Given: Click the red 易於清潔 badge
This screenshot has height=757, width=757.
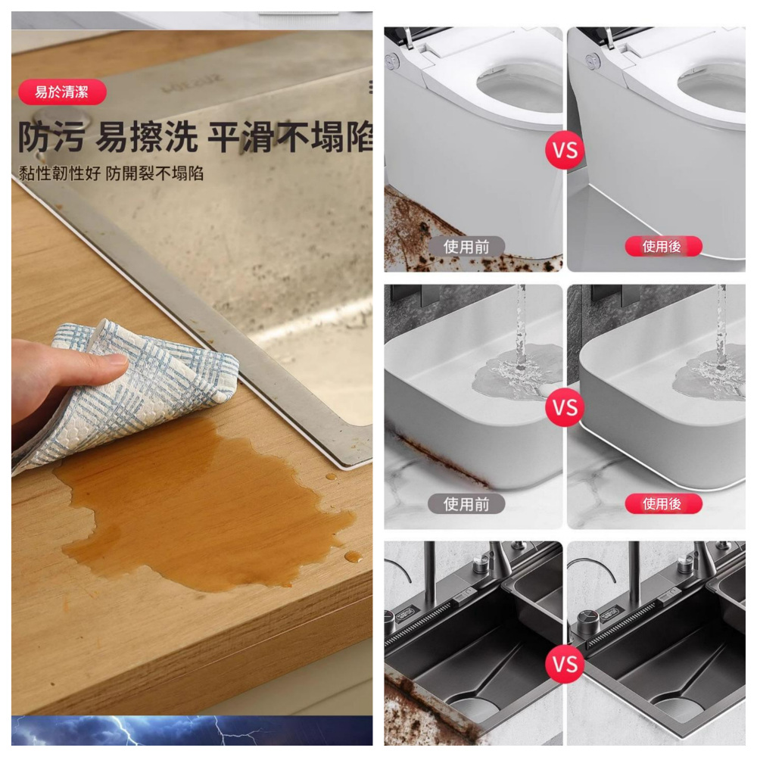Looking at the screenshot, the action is [62, 92].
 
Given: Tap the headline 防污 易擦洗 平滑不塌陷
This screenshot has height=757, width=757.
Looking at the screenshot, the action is [195, 136].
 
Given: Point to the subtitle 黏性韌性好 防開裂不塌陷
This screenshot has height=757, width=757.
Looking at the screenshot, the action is [111, 173].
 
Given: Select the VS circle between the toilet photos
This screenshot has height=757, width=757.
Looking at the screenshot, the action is [565, 150].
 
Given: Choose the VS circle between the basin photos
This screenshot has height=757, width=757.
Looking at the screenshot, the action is [565, 407].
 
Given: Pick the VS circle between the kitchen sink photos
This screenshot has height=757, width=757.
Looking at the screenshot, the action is [565, 665].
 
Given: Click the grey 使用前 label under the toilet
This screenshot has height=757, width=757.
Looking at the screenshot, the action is [466, 247].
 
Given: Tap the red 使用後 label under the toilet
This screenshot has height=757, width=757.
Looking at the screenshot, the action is [663, 247].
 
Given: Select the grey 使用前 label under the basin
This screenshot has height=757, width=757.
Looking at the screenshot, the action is [466, 504].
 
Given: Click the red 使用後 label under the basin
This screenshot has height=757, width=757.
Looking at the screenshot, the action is [663, 504].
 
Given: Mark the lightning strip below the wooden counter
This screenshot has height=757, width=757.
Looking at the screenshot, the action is [192, 731].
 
